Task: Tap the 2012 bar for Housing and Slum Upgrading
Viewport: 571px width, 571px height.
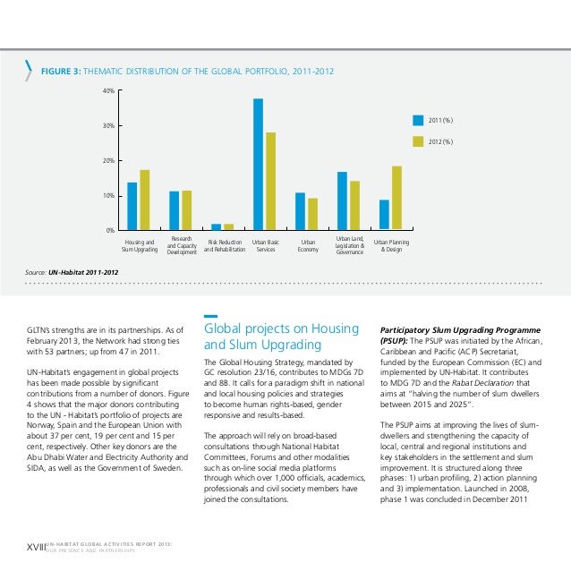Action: (x=144, y=200)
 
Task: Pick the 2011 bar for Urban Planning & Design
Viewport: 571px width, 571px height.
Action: (x=385, y=215)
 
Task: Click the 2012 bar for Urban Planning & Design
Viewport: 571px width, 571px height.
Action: (x=396, y=198)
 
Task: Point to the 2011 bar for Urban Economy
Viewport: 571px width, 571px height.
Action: (x=301, y=211)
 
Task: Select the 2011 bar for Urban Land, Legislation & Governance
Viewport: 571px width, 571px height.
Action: (x=342, y=200)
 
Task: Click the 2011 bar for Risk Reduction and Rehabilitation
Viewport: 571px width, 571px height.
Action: (x=216, y=226)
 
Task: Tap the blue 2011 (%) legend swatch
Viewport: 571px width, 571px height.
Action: (x=417, y=119)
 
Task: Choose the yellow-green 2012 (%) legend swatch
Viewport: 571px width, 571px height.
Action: (x=417, y=141)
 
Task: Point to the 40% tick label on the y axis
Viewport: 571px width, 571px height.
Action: (x=107, y=91)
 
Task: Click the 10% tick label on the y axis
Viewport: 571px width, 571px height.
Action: (x=107, y=195)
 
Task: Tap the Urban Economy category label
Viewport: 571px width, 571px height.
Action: (x=308, y=245)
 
